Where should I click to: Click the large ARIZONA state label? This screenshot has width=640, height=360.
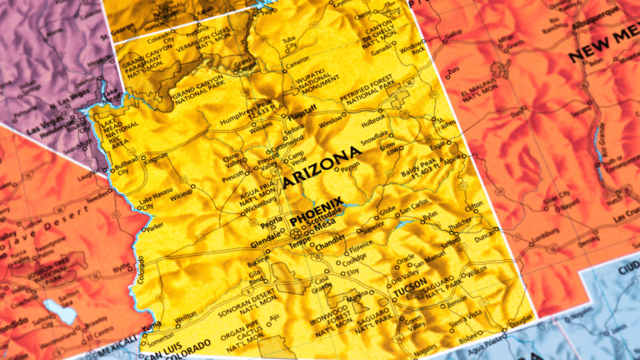pos(322,166)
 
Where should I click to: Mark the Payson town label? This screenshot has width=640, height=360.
pos(350,167)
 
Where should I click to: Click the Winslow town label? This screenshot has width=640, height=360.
pos(331,123)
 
